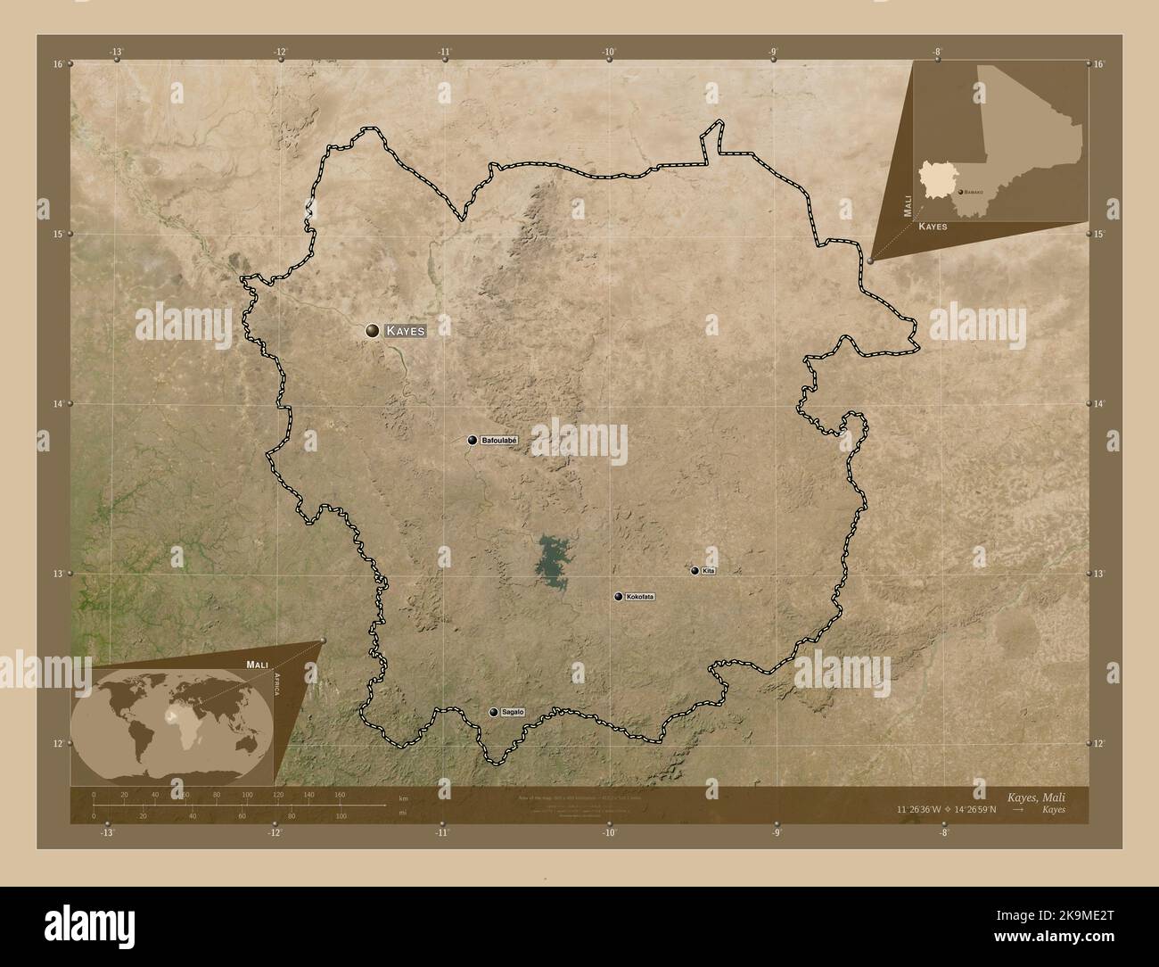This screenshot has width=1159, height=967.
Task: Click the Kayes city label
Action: [405, 331]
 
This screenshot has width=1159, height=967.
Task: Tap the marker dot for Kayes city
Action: [372, 331]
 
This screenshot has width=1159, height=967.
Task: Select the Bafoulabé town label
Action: [499, 440]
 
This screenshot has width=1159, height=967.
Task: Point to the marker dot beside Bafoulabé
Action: [473, 440]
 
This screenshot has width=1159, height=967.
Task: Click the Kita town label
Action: [709, 570]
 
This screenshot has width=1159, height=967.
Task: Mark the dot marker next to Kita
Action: [695, 570]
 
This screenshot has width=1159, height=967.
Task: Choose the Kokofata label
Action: [640, 596]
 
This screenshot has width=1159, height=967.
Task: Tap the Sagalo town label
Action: [513, 712]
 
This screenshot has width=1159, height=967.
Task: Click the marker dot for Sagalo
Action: [493, 712]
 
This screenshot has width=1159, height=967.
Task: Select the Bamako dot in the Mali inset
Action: [960, 192]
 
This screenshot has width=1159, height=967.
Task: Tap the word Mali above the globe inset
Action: [257, 665]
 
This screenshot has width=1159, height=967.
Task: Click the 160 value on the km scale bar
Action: [339, 794]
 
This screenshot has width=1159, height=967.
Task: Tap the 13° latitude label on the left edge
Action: [57, 574]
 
